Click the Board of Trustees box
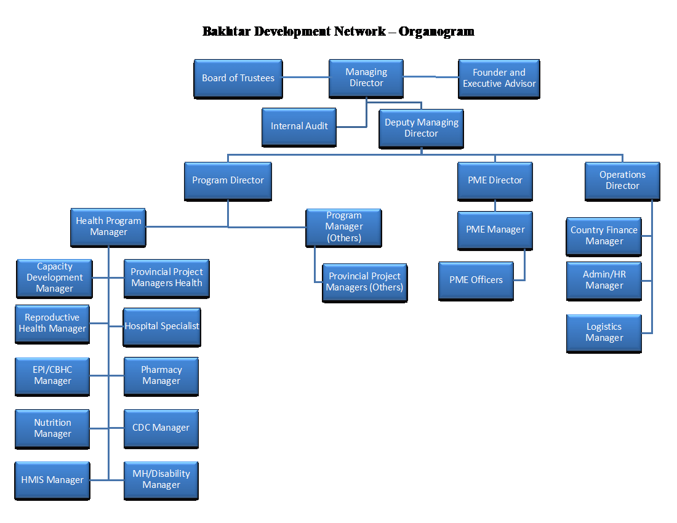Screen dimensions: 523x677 (x=238, y=78)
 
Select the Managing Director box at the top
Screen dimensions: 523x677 (x=366, y=78)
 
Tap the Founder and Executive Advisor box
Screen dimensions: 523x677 (x=499, y=78)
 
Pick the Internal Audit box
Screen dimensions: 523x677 (x=299, y=126)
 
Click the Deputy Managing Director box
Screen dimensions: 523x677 (x=421, y=128)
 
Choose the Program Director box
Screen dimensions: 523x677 (x=228, y=180)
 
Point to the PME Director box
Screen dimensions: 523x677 (x=495, y=180)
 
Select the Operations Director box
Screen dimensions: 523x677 (x=622, y=180)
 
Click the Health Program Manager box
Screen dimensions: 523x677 (x=108, y=226)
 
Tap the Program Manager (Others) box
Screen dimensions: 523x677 (x=343, y=226)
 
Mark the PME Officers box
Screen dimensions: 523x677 (x=476, y=280)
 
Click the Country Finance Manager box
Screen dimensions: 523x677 (x=604, y=236)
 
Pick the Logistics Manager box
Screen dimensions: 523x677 (x=604, y=332)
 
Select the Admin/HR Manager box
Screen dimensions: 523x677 (x=604, y=280)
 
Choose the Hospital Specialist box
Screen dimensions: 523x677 (x=162, y=326)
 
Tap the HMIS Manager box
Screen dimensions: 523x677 (x=52, y=480)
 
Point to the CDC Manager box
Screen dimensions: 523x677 (x=161, y=428)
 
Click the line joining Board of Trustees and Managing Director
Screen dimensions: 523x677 (x=305, y=78)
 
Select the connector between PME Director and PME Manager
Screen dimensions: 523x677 (x=495, y=206)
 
